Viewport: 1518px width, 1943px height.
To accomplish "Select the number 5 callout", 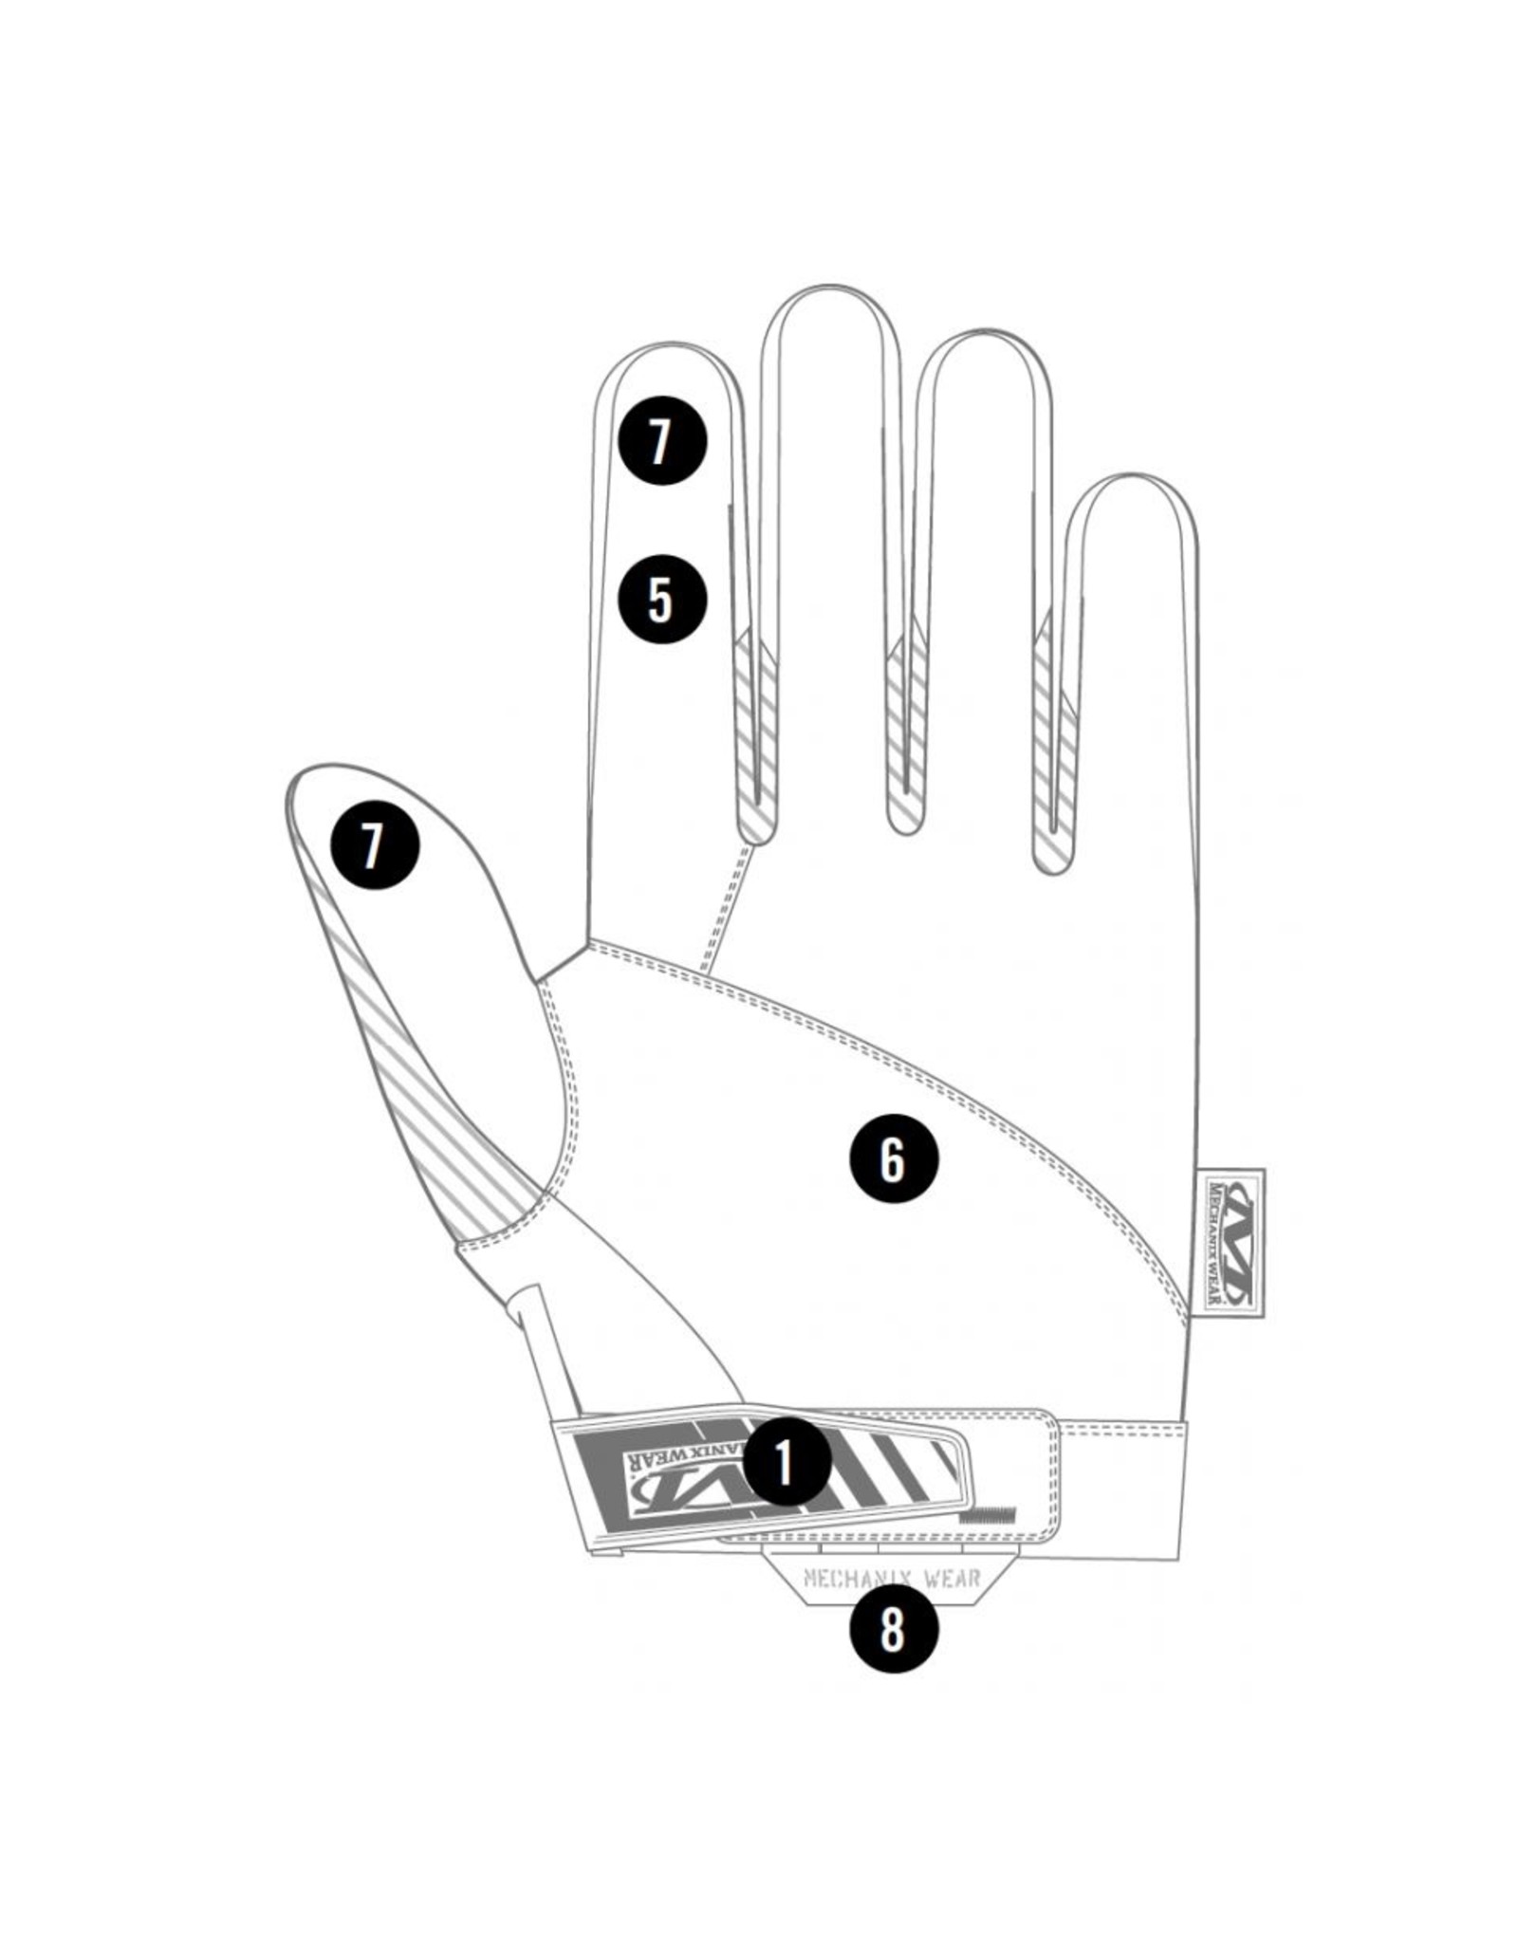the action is (662, 599).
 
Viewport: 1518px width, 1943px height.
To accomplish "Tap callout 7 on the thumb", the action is (374, 844).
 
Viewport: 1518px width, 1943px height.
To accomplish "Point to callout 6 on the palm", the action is (893, 1158).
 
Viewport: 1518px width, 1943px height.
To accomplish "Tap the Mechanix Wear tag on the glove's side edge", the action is (1231, 1241).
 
